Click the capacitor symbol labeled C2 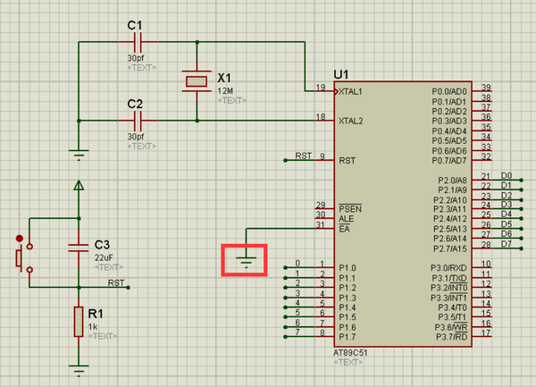tap(138, 120)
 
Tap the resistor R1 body tap(80, 319)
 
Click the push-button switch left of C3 tap(21, 257)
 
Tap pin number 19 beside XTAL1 tap(321, 87)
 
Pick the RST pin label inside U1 tap(347, 161)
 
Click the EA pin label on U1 tap(344, 230)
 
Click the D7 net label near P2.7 tap(507, 243)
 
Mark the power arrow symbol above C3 tap(79, 186)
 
